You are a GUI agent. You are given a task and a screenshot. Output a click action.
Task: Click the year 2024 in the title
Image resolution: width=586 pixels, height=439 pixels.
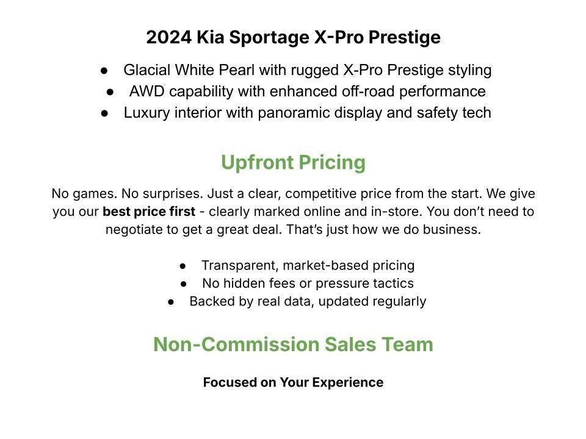point(169,37)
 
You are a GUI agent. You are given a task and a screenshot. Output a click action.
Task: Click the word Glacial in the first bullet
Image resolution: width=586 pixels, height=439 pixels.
point(146,70)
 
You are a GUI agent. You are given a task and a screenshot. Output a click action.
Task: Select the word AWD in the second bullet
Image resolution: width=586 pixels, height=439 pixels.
point(147,91)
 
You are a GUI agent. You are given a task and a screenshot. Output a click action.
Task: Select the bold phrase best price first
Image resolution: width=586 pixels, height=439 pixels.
point(149,212)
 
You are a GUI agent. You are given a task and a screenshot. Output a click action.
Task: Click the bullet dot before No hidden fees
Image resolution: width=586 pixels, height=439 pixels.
point(183,284)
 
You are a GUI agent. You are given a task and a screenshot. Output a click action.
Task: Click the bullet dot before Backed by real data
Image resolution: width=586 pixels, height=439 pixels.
point(171,302)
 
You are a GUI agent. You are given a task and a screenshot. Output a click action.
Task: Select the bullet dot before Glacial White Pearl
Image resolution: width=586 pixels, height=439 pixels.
point(104,71)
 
